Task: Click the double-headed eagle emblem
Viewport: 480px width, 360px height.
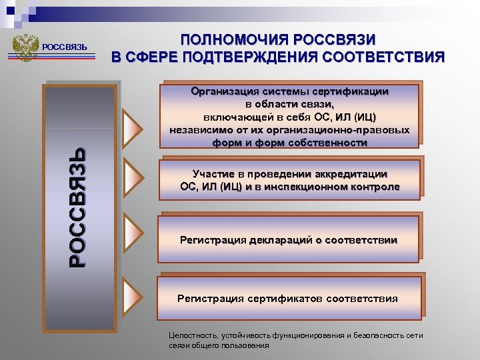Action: pyautogui.click(x=26, y=47)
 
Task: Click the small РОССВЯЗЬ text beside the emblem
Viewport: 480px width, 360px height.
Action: pyautogui.click(x=65, y=47)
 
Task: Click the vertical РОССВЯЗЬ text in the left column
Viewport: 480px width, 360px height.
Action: pyautogui.click(x=79, y=207)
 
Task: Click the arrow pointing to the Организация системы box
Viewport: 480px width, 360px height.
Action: pyautogui.click(x=134, y=125)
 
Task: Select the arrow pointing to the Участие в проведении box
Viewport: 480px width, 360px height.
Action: pyautogui.click(x=134, y=179)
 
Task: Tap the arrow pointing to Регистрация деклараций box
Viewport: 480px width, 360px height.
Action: pyautogui.click(x=134, y=231)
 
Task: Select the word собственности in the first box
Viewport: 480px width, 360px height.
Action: pyautogui.click(x=328, y=143)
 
